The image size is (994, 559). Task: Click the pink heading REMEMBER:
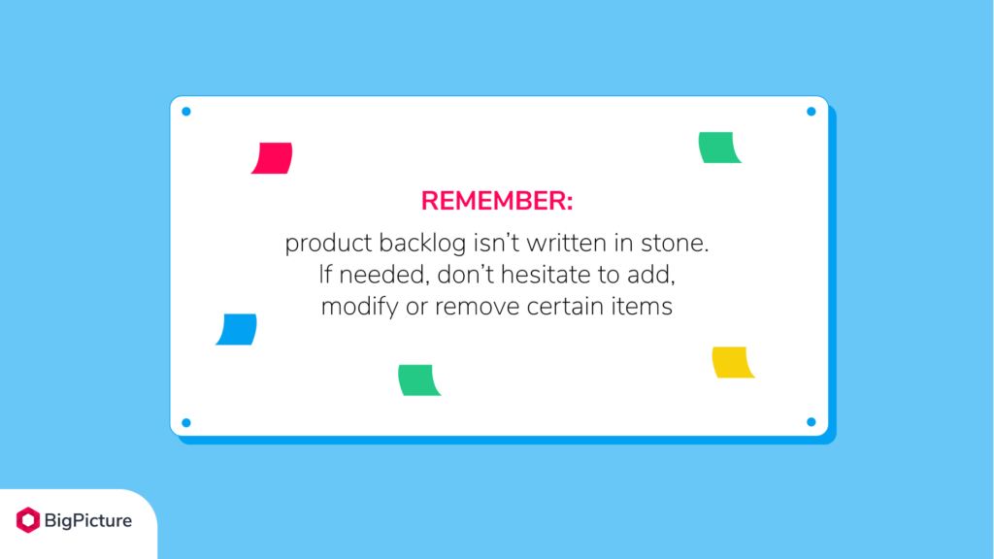coord(497,201)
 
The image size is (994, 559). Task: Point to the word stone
coord(679,244)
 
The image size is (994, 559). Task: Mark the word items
coord(647,308)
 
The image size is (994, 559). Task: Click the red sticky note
coord(272,158)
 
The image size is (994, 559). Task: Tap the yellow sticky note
coord(733,362)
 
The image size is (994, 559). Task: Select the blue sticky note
coord(236,329)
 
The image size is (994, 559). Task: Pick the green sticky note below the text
coord(419,379)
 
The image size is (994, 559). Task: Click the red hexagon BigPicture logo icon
coord(28,520)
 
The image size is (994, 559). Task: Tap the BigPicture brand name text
coord(87,521)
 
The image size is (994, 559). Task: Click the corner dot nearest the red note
coord(186,112)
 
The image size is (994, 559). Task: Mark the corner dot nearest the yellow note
coord(811,422)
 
